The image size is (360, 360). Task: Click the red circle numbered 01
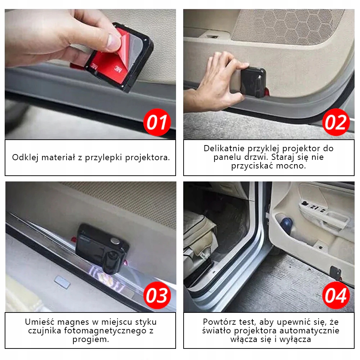tap(157, 122)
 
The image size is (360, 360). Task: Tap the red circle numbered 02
tap(336, 122)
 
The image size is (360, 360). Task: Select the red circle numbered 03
tap(157, 296)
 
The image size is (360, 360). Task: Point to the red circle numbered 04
tap(336, 296)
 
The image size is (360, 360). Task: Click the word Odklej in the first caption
tap(25, 158)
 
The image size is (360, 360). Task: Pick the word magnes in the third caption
tap(73, 322)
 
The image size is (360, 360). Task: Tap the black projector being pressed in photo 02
tap(253, 81)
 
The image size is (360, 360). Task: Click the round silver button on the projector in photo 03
tap(116, 241)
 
